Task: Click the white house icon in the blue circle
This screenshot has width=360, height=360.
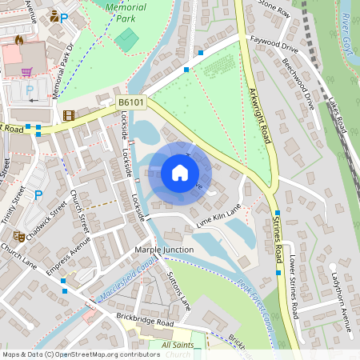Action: pos(180,173)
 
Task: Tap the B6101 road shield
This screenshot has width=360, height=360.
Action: pos(131,103)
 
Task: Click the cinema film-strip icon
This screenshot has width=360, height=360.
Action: pos(69,115)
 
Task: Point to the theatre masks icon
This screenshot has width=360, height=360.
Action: pos(18,236)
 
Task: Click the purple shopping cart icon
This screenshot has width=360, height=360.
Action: pos(27,71)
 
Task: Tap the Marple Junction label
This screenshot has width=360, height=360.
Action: pos(163,250)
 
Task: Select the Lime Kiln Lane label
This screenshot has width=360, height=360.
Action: pos(218,218)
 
